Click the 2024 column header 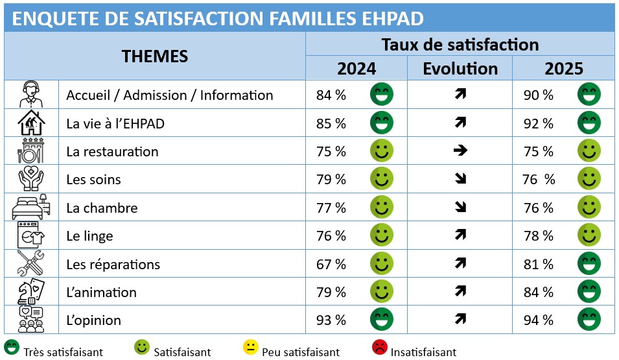pos(356,69)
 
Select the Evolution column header pos(460,69)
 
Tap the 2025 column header pos(564,69)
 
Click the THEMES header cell pos(155,56)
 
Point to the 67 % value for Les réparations pos(331,265)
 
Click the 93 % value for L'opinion pos(331,320)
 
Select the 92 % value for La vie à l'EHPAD pos(539,123)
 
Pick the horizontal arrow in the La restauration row pos(460,151)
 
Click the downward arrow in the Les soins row pos(460,180)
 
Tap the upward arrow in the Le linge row pos(460,236)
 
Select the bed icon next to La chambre pos(30,208)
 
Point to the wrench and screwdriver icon pos(30,264)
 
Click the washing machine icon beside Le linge pos(30,236)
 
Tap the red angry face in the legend pos(379,348)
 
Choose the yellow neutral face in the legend pos(250,348)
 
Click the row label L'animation pos(102,293)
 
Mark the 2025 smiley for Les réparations pos(589,263)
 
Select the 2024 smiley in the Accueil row pos(382,95)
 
